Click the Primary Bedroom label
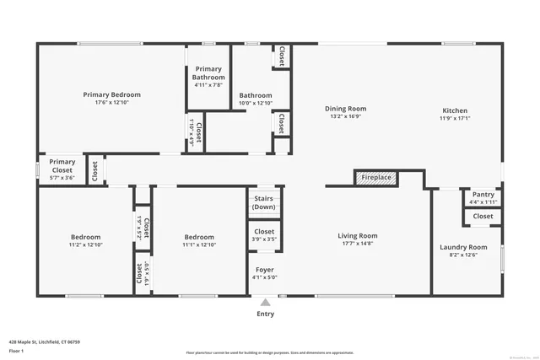[x=111, y=94]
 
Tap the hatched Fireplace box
[x=376, y=178]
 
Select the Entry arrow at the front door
[x=266, y=302]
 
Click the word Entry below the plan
[x=266, y=314]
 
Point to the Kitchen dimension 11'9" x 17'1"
[x=454, y=118]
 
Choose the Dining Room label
[x=346, y=108]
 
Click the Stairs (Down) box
[x=264, y=202]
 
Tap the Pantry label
[x=483, y=195]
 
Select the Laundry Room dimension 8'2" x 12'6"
[x=463, y=255]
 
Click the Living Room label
[x=358, y=236]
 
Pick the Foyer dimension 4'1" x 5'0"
[x=264, y=277]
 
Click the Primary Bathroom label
[x=208, y=73]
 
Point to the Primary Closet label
[x=62, y=166]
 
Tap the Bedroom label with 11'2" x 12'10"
[x=85, y=237]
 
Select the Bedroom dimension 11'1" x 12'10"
[x=199, y=245]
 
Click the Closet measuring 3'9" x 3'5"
[x=264, y=235]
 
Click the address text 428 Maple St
[x=35, y=342]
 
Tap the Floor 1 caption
[x=16, y=350]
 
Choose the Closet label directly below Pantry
[x=483, y=216]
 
